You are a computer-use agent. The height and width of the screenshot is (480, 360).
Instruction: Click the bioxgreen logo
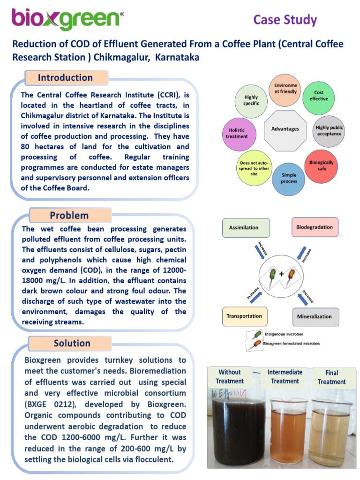(x=68, y=20)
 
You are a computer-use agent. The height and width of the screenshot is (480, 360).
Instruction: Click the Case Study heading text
(x=285, y=20)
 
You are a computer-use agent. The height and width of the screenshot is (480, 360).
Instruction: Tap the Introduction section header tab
(x=66, y=78)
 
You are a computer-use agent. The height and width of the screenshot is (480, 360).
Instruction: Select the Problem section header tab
(x=69, y=216)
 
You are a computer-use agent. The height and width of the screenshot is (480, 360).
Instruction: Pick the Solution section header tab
(x=72, y=343)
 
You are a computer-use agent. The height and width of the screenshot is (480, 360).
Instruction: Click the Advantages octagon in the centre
(x=285, y=128)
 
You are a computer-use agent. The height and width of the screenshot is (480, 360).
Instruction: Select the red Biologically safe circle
(x=321, y=165)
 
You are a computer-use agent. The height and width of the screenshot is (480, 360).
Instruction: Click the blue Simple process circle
(x=289, y=178)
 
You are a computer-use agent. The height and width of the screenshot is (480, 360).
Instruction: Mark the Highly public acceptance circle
(x=329, y=130)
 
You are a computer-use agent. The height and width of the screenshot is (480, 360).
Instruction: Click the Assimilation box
(x=244, y=228)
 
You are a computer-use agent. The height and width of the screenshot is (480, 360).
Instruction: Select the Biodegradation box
(x=315, y=227)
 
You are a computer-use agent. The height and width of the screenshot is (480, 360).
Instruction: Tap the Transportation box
(x=244, y=316)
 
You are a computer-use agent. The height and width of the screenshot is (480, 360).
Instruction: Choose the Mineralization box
(x=315, y=316)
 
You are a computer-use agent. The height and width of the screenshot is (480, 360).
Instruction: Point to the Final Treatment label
(x=331, y=377)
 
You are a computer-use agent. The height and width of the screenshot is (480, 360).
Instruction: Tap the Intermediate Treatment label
(x=285, y=376)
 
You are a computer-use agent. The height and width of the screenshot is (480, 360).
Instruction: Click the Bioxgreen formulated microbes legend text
(x=292, y=344)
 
